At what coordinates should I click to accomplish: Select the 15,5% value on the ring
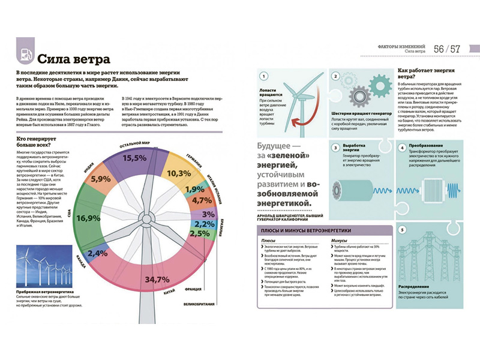(x=134, y=158)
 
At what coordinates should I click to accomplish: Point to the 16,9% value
(x=88, y=217)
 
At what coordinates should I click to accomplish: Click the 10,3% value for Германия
(x=178, y=173)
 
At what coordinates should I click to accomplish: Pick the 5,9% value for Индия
(x=101, y=179)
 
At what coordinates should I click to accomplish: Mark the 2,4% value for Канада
(x=97, y=253)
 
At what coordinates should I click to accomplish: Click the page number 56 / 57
(x=448, y=49)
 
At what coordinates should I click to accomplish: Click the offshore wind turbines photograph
(x=40, y=262)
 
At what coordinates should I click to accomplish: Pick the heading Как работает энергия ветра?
(x=424, y=74)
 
